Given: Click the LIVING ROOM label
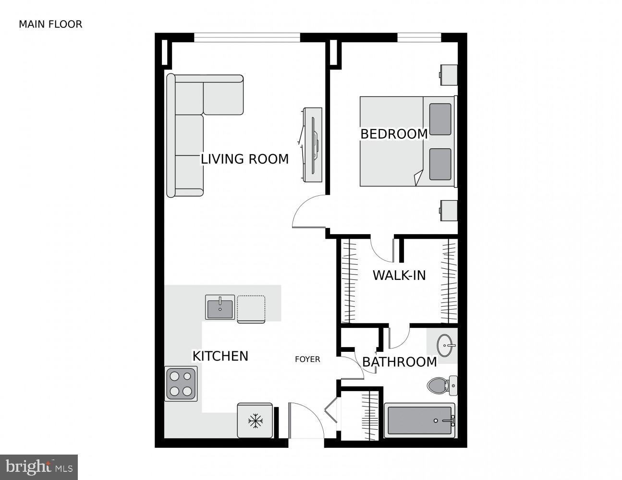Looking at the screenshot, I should click(x=244, y=159).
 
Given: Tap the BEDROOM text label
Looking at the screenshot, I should click(x=394, y=134).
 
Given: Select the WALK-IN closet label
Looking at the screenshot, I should click(x=399, y=276).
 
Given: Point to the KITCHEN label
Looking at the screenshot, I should click(x=220, y=356).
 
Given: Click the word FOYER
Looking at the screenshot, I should click(x=307, y=359).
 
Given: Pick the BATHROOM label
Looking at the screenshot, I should click(x=400, y=362).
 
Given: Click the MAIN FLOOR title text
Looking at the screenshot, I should click(x=50, y=24).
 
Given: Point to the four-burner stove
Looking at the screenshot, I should click(x=181, y=384).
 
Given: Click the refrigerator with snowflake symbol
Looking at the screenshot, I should click(x=255, y=421).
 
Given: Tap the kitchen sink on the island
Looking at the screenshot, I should click(x=220, y=307).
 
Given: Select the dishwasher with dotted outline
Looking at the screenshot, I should click(x=251, y=309).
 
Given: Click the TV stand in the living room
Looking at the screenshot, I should click(x=312, y=144).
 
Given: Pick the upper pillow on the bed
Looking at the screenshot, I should click(x=440, y=119).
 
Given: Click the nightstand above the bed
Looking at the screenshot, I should click(x=448, y=75).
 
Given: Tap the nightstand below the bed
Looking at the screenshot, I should click(x=448, y=210).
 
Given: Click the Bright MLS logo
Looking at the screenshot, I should click(x=38, y=467).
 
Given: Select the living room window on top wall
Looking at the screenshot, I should click(x=247, y=37).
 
